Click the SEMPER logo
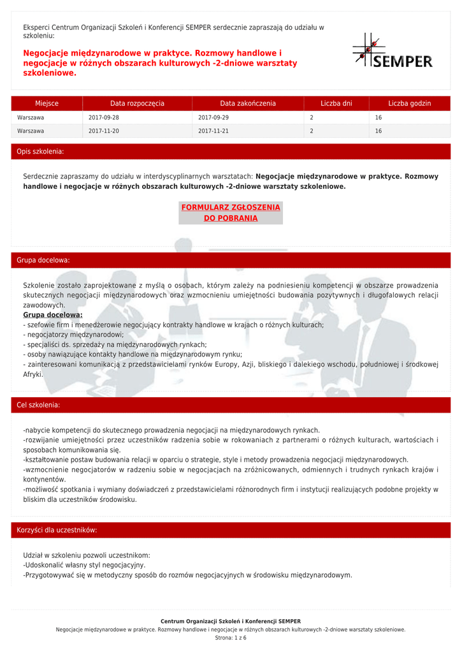393,52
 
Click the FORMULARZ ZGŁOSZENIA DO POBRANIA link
231,213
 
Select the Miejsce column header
47,103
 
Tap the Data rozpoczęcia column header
137,103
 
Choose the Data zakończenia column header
248,103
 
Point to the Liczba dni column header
336,103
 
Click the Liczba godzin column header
410,103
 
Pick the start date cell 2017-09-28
104,118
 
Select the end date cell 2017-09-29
213,118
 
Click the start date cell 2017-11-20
104,131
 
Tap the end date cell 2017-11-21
213,131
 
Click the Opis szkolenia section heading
40,152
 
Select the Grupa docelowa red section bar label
43,260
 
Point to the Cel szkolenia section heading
38,405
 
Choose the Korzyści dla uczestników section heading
57,530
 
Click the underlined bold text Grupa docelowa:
53,315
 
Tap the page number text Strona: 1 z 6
231,638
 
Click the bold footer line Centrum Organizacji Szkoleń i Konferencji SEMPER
231,621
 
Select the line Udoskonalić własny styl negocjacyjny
84,565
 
